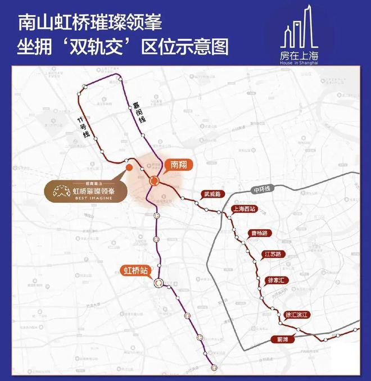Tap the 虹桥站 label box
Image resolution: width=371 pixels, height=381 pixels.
click(x=137, y=270)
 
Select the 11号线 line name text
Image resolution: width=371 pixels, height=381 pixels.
click(x=84, y=124)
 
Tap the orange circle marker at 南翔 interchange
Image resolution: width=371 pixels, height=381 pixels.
click(x=153, y=180)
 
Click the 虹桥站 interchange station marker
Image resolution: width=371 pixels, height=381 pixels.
click(x=159, y=284)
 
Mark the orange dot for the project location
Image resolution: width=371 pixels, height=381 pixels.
click(x=129, y=167)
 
